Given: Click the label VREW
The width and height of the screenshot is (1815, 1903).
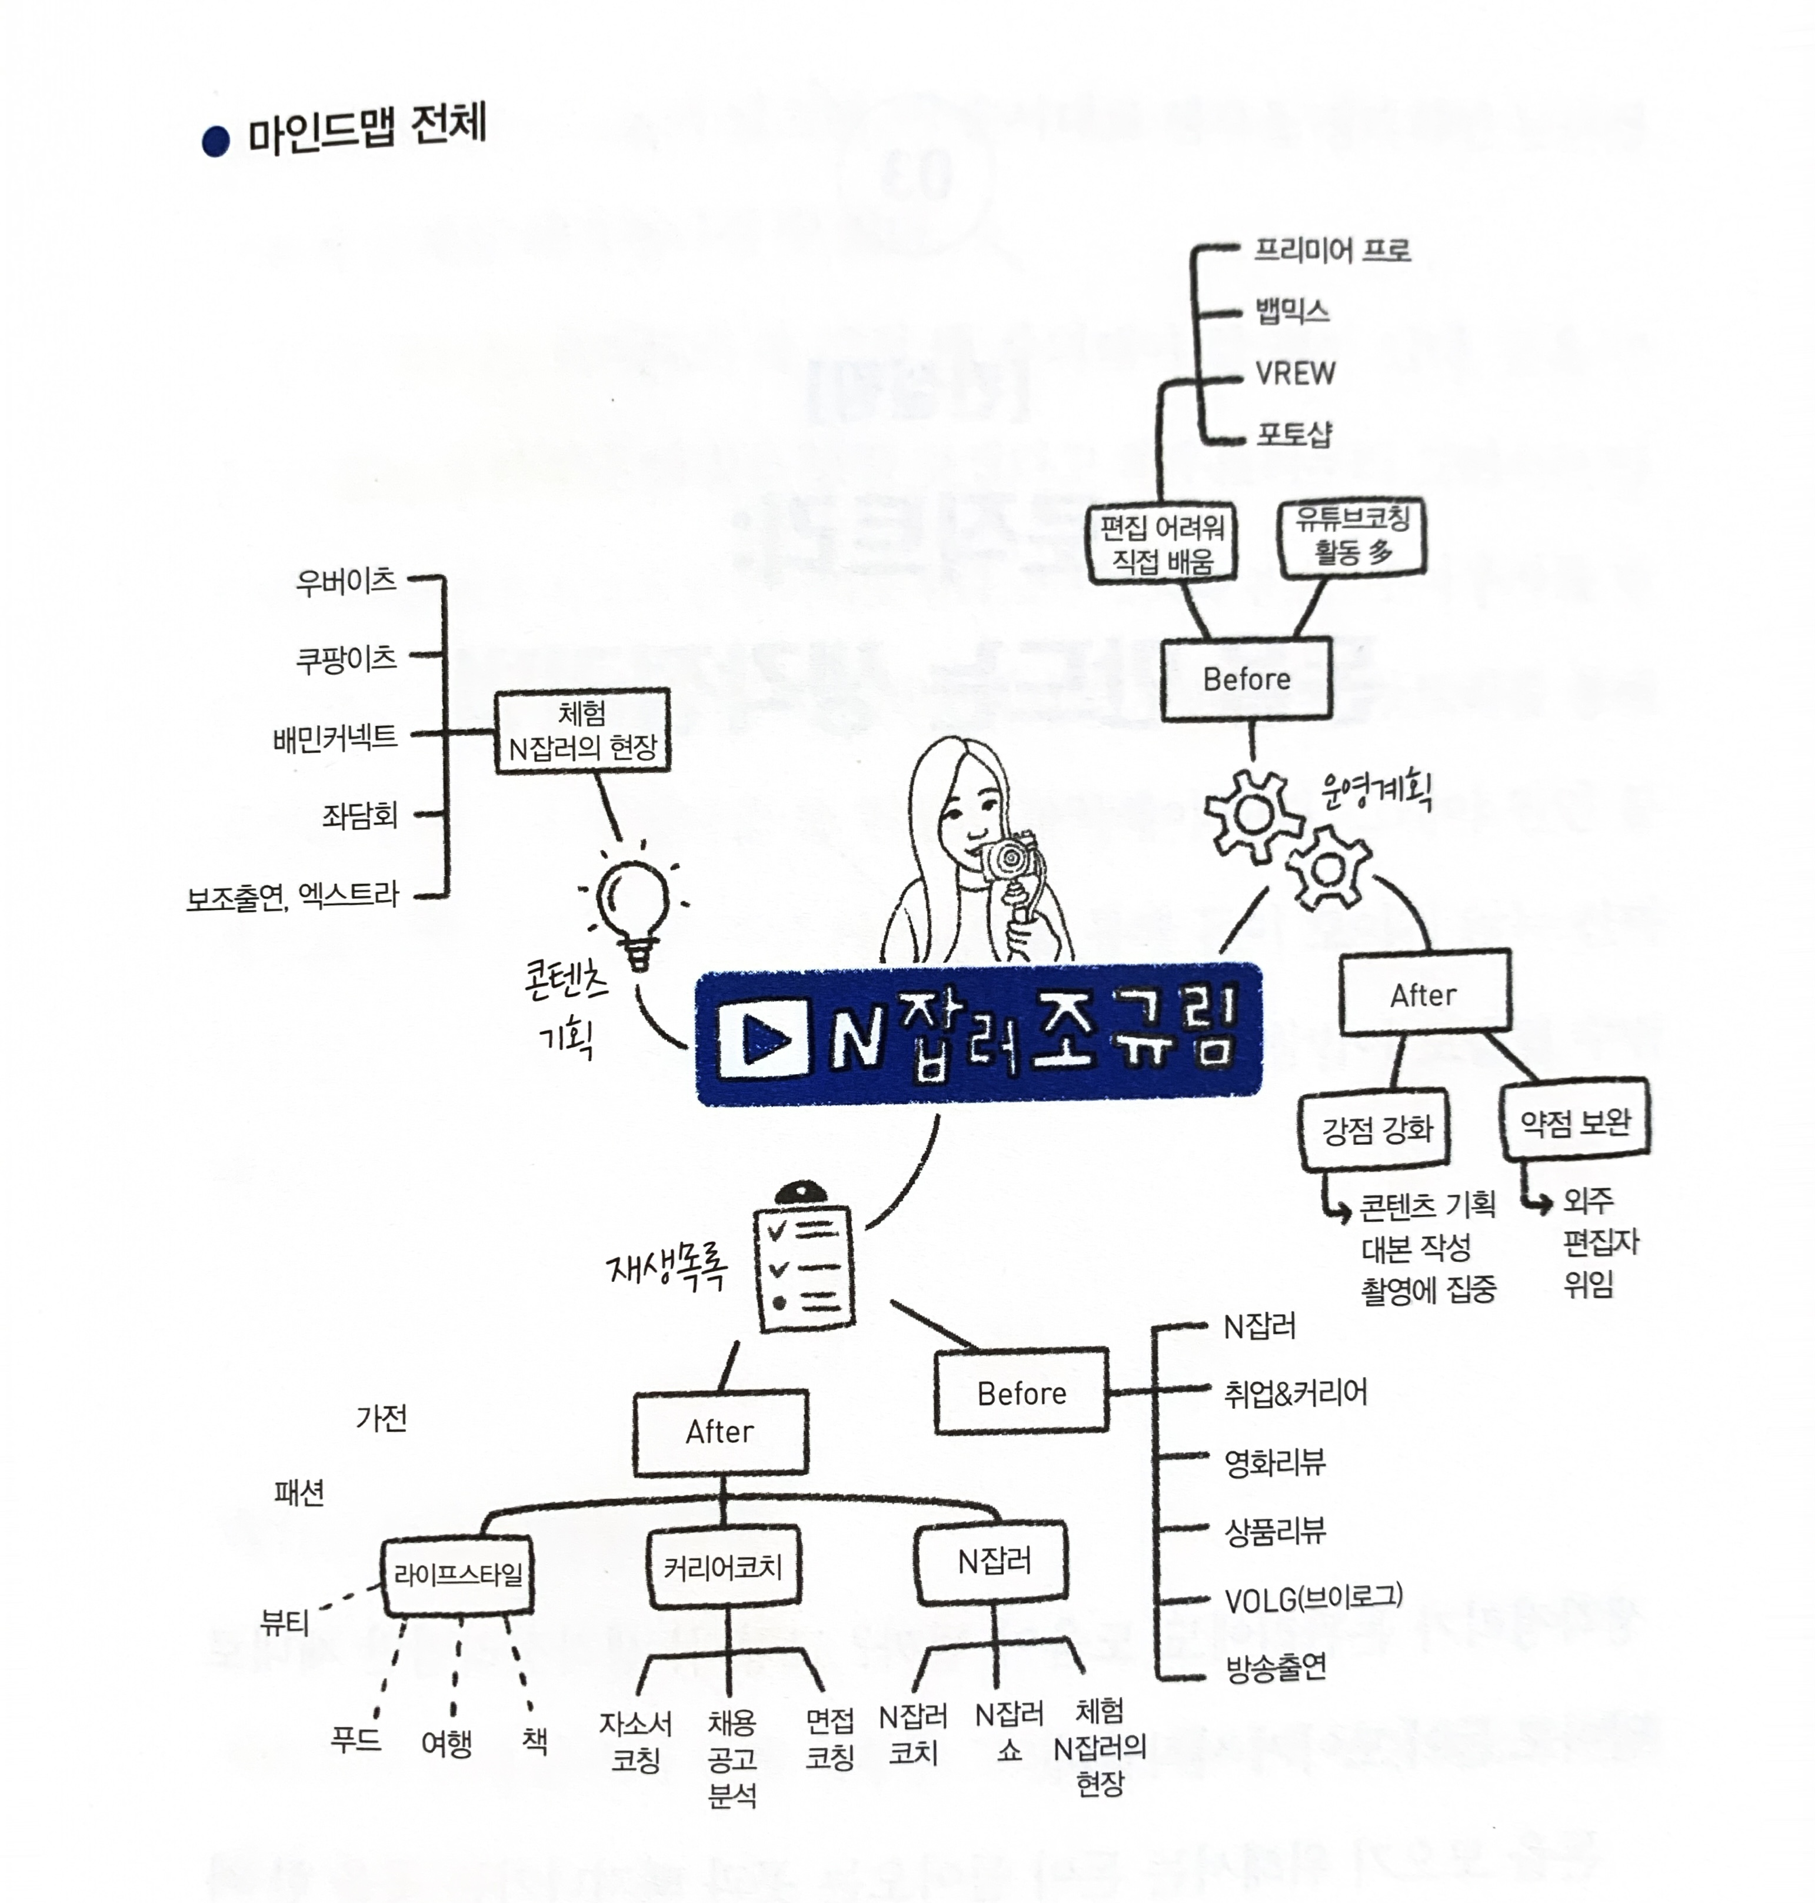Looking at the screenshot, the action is click(x=1294, y=374).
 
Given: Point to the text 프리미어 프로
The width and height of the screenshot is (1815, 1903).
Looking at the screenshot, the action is click(x=1332, y=251).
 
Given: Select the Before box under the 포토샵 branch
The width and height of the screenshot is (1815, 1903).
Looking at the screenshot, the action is click(x=1246, y=679).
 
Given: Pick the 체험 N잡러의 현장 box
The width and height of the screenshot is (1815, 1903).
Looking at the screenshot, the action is click(x=582, y=731).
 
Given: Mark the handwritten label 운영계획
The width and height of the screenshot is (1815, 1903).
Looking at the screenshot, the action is click(x=1375, y=791).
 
